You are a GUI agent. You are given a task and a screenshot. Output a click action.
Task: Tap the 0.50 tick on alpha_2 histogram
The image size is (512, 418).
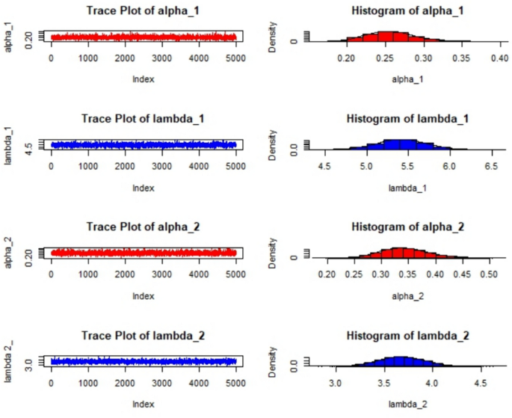pos(488,274)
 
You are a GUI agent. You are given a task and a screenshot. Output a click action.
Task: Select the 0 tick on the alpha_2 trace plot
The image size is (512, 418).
pos(51,274)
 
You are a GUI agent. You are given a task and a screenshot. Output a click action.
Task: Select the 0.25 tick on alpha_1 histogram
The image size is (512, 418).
pos(386,58)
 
